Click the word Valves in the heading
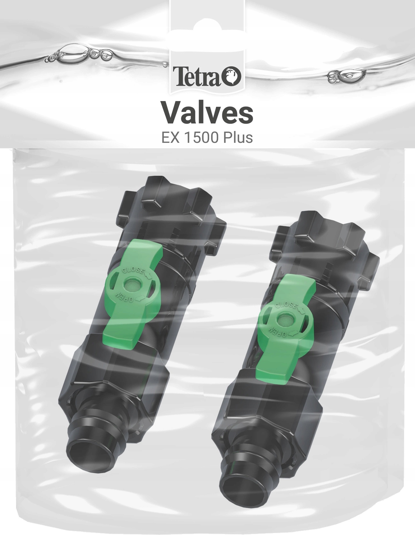coord(208,113)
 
